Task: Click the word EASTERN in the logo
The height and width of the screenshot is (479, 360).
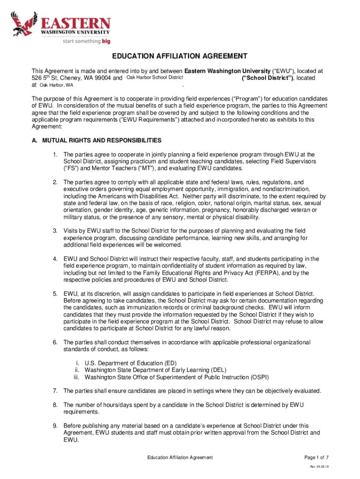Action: tap(75, 23)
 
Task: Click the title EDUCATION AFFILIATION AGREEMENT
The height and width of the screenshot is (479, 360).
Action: tap(180, 57)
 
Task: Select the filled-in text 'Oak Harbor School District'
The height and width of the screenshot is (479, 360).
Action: tap(155, 78)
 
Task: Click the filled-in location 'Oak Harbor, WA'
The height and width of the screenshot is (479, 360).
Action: tap(56, 86)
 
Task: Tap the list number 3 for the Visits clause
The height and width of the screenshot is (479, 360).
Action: tap(55, 231)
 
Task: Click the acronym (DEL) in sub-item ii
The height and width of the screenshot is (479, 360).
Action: tap(222, 370)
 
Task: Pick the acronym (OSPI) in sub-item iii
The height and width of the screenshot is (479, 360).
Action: tap(259, 377)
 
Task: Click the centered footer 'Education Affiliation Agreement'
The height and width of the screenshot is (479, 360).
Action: tap(180, 457)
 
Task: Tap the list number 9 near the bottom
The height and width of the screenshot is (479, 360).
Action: tap(55, 426)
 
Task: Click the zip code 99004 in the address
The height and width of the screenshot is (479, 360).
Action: tap(102, 78)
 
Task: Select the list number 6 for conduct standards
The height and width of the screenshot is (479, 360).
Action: tap(55, 342)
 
